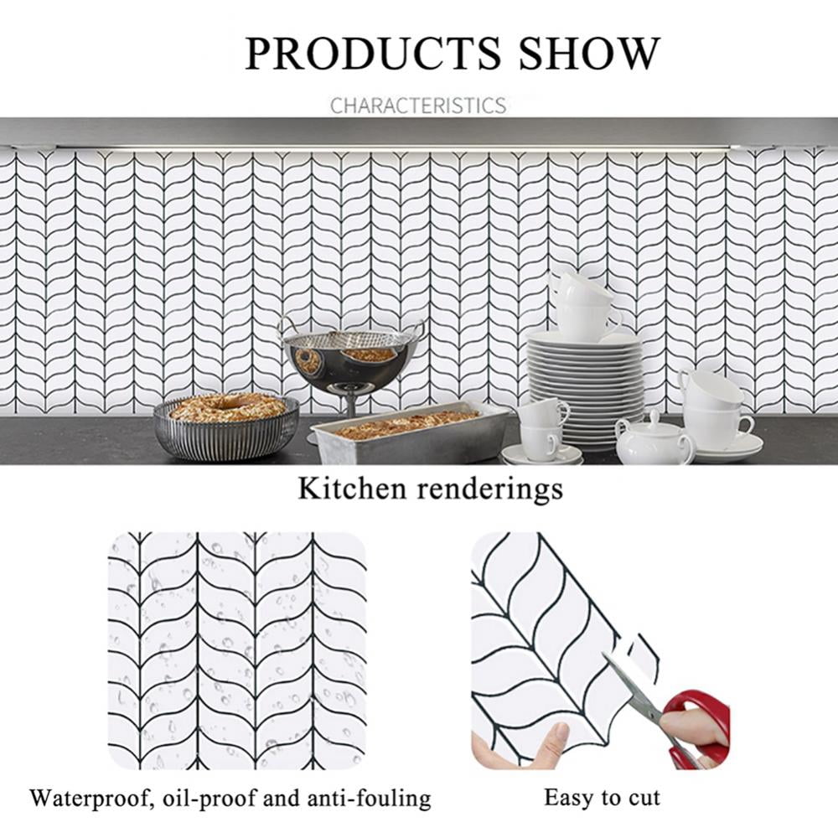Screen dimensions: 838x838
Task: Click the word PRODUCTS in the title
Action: click(373, 53)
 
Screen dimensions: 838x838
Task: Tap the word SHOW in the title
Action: click(589, 53)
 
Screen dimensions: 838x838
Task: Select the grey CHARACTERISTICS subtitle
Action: click(418, 106)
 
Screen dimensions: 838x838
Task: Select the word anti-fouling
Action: click(369, 799)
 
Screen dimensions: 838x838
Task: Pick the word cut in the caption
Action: click(644, 799)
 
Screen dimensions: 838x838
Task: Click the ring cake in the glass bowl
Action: click(227, 408)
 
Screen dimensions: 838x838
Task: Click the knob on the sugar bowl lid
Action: click(654, 416)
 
